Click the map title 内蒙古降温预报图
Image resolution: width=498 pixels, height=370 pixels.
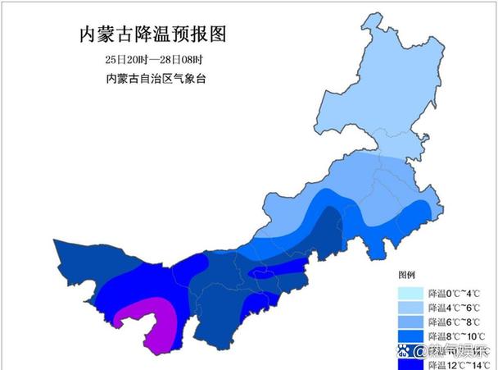pyautogui.click(x=151, y=34)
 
